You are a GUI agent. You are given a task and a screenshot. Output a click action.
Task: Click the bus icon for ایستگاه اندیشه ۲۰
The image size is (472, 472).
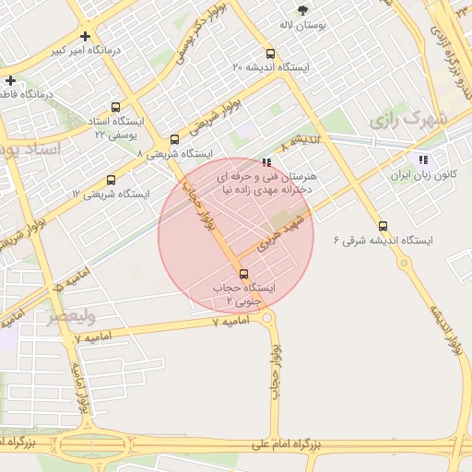(270, 53)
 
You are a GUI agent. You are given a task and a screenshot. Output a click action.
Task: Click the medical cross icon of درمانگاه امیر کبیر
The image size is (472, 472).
(85, 37)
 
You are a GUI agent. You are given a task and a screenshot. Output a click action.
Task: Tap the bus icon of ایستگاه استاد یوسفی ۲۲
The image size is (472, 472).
(115, 108)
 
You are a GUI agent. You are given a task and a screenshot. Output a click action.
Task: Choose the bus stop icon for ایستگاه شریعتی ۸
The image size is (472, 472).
(175, 140)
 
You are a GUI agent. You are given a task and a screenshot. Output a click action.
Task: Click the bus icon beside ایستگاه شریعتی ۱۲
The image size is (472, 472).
(111, 181)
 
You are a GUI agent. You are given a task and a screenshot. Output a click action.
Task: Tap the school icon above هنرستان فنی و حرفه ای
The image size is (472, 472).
(267, 162)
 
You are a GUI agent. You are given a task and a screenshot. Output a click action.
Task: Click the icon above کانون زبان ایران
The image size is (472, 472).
(423, 159)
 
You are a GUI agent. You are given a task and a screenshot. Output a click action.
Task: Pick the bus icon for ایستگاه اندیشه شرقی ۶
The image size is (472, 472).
(383, 226)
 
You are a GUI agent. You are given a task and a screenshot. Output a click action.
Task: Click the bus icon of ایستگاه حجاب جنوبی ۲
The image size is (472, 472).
(243, 274)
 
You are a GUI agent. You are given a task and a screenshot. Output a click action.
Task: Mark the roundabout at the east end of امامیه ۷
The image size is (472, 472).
(267, 318)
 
